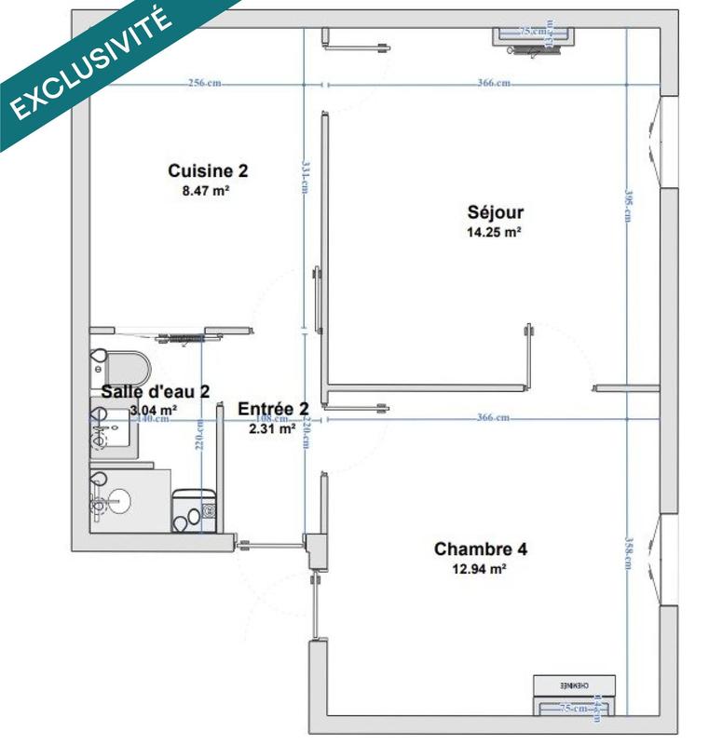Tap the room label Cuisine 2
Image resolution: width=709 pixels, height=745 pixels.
tap(208, 171)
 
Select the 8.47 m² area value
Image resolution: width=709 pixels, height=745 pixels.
tap(207, 191)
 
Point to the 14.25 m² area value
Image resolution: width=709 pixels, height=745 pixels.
tap(493, 234)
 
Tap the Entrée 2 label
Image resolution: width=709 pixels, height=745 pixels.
tap(273, 410)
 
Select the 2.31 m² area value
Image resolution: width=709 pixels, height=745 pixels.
tap(272, 429)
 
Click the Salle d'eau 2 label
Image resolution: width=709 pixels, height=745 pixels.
tap(156, 391)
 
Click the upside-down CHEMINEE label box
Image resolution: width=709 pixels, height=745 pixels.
tap(565, 684)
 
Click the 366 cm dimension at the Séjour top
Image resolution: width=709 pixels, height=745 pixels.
tap(493, 84)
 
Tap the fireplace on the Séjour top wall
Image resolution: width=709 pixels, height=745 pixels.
tap(528, 35)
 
